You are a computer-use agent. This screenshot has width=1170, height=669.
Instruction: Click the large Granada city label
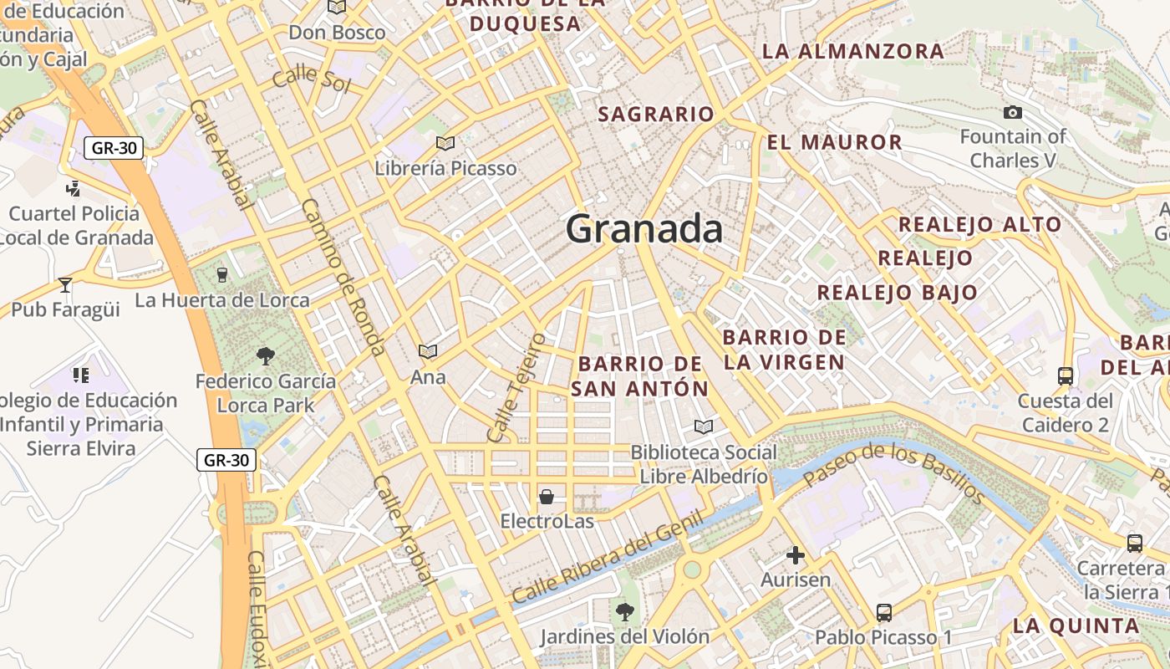644,228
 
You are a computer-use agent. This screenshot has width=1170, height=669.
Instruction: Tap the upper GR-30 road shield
114,148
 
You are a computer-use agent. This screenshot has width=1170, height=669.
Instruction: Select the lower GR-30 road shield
226,459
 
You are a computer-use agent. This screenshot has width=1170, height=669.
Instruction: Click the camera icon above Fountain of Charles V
1012,112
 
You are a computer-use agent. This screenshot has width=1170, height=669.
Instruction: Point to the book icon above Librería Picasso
445,143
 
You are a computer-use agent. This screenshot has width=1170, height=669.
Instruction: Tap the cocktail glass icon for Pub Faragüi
65,285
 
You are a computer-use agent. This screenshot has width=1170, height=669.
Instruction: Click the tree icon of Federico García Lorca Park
266,356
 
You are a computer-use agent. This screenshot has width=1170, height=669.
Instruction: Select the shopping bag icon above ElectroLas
547,497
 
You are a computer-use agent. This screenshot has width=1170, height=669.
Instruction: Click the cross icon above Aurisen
796,554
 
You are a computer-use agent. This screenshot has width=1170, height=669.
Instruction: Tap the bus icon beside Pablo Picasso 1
884,612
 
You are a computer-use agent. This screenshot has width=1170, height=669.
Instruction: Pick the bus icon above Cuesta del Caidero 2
1065,375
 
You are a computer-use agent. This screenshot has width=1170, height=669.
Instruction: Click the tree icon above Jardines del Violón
624,612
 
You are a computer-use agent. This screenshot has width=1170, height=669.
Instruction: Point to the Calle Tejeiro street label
516,387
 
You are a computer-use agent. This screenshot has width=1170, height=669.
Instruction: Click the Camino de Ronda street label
343,277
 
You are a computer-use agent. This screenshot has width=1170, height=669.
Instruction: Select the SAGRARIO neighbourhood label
656,115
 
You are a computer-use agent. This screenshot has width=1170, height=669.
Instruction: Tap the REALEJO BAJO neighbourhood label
897,293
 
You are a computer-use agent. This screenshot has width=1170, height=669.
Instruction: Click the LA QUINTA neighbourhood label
1076,626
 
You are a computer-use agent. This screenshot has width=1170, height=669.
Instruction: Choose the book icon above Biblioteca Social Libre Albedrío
704,426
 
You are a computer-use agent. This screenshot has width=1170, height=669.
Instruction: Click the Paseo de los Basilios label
895,473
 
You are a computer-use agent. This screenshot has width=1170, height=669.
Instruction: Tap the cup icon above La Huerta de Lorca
221,273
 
